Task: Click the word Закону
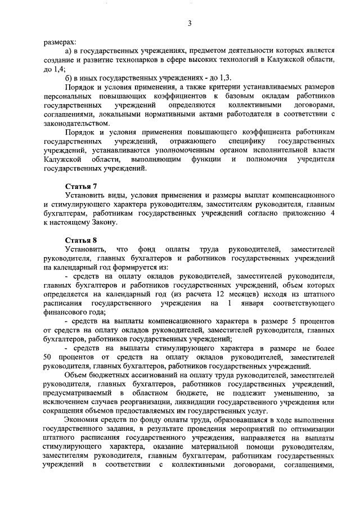(102, 222)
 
